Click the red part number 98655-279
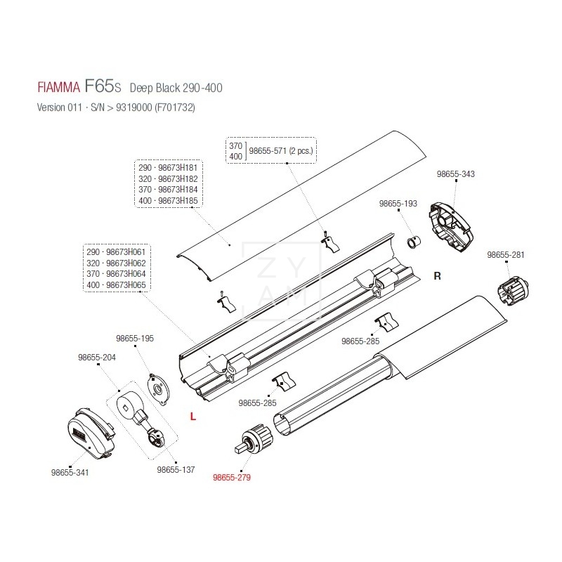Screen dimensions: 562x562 click(231, 477)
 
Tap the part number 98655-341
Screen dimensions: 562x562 click(70, 473)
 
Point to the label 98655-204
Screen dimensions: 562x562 click(96, 357)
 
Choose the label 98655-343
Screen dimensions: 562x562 click(455, 174)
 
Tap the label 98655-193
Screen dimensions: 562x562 click(398, 203)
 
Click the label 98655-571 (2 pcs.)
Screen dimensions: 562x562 click(281, 150)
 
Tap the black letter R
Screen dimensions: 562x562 click(436, 276)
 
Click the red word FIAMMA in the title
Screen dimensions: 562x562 click(57, 89)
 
